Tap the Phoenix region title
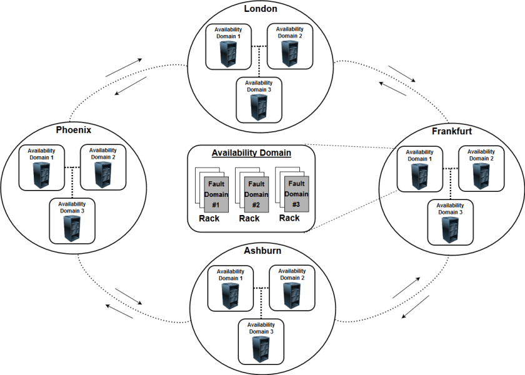click(74, 130)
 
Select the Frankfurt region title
click(451, 131)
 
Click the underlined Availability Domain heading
click(251, 152)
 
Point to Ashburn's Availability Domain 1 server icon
click(231, 294)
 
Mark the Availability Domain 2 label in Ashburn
click(292, 274)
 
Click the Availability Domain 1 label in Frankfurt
click(419, 155)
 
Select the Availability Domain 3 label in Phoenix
click(73, 207)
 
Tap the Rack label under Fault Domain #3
click(289, 218)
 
